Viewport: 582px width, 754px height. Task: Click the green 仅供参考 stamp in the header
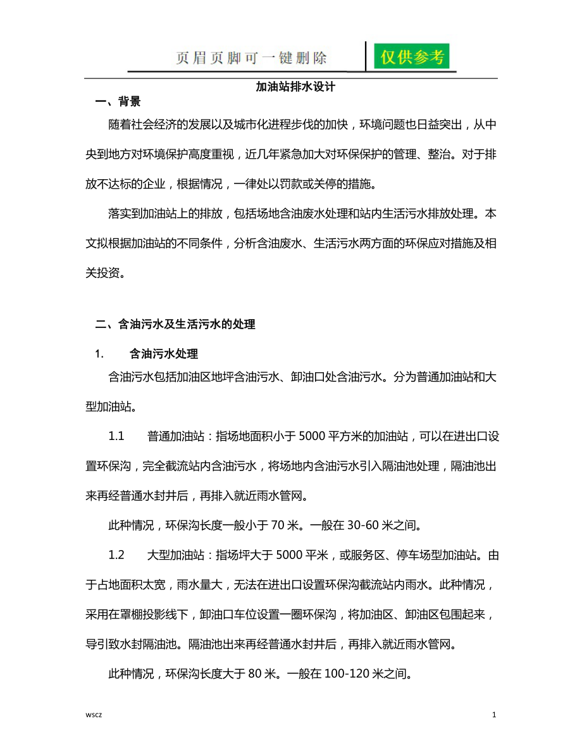[x=412, y=57]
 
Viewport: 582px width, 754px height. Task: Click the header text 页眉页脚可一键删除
[x=251, y=58]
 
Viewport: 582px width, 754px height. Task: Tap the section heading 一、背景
[x=117, y=101]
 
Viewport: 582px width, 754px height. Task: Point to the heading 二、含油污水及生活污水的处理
[x=175, y=324]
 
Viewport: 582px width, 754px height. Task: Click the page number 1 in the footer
[x=494, y=715]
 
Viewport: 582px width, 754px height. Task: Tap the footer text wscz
[x=94, y=715]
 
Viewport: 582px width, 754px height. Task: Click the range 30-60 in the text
[x=357, y=525]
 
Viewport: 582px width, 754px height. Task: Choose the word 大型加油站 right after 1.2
[x=178, y=555]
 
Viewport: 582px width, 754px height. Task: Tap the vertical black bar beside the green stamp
[x=367, y=56]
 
